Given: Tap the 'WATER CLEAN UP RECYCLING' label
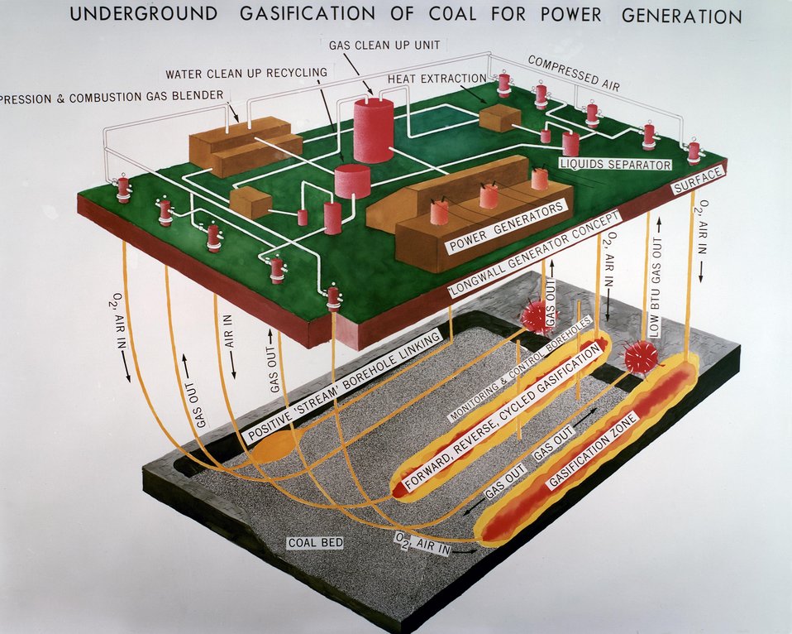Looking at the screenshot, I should [x=246, y=74].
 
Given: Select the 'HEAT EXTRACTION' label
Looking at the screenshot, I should [x=437, y=79].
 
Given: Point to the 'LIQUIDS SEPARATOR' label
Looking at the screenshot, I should [x=616, y=165].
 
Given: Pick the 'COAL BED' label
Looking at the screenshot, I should [x=315, y=544].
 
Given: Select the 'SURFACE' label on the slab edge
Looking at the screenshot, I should [x=699, y=180].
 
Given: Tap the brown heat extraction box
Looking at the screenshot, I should [x=500, y=118].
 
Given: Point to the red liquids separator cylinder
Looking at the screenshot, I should [x=570, y=144].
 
